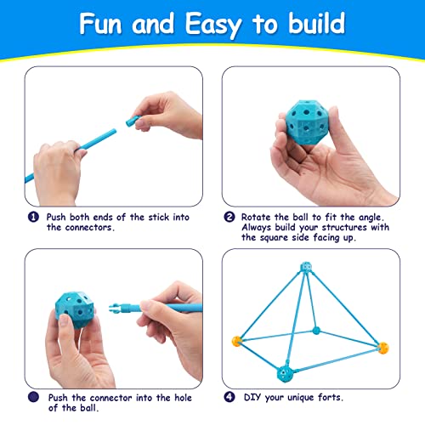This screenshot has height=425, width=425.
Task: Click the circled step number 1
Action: coord(33,217)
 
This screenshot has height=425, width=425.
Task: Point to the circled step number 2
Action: coord(229,217)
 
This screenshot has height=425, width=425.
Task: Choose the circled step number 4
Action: coord(229,395)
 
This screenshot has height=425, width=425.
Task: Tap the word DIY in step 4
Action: coord(252,395)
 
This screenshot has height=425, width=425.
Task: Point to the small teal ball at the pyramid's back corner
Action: coord(315,330)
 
